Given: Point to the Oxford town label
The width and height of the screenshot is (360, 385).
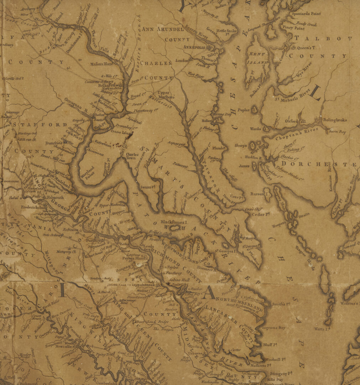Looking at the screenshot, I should pos(291,121).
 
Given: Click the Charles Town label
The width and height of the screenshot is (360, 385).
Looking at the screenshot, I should pos(132,156).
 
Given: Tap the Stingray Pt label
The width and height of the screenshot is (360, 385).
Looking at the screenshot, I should pos(281,373).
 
